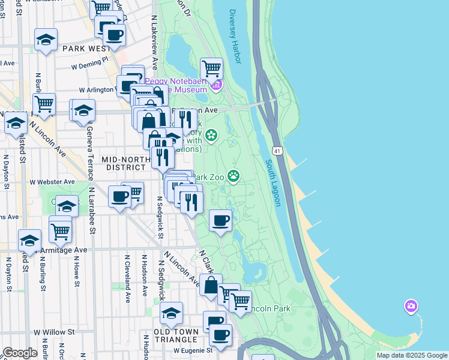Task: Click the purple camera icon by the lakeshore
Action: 411,307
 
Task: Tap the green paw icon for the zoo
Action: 233,176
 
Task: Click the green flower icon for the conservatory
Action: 211,136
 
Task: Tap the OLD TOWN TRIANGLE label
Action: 172,332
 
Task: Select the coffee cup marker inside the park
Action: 221,221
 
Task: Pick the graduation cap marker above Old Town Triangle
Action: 172,313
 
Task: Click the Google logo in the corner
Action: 20,353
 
